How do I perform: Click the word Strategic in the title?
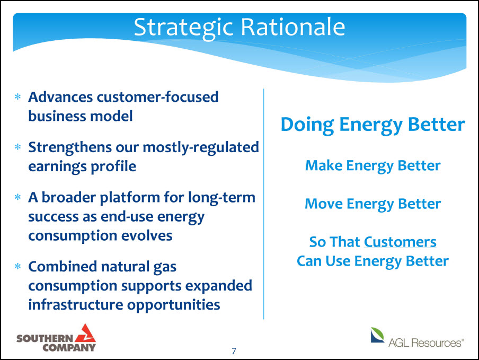183,28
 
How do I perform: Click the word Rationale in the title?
293,27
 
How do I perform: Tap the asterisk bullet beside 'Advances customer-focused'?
17,97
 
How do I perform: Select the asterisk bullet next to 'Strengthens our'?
17,147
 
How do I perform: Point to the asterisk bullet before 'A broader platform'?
17,197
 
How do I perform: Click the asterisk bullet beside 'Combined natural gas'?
17,267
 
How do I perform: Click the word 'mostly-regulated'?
201,148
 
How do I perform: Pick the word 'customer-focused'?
157,97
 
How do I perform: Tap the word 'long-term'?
221,198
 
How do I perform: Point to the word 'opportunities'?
173,305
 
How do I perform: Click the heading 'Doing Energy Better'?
372,125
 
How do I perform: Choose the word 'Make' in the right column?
324,165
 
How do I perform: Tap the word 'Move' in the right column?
324,204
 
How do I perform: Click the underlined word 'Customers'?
400,242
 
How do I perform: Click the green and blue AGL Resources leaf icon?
377,335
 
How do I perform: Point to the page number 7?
234,351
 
